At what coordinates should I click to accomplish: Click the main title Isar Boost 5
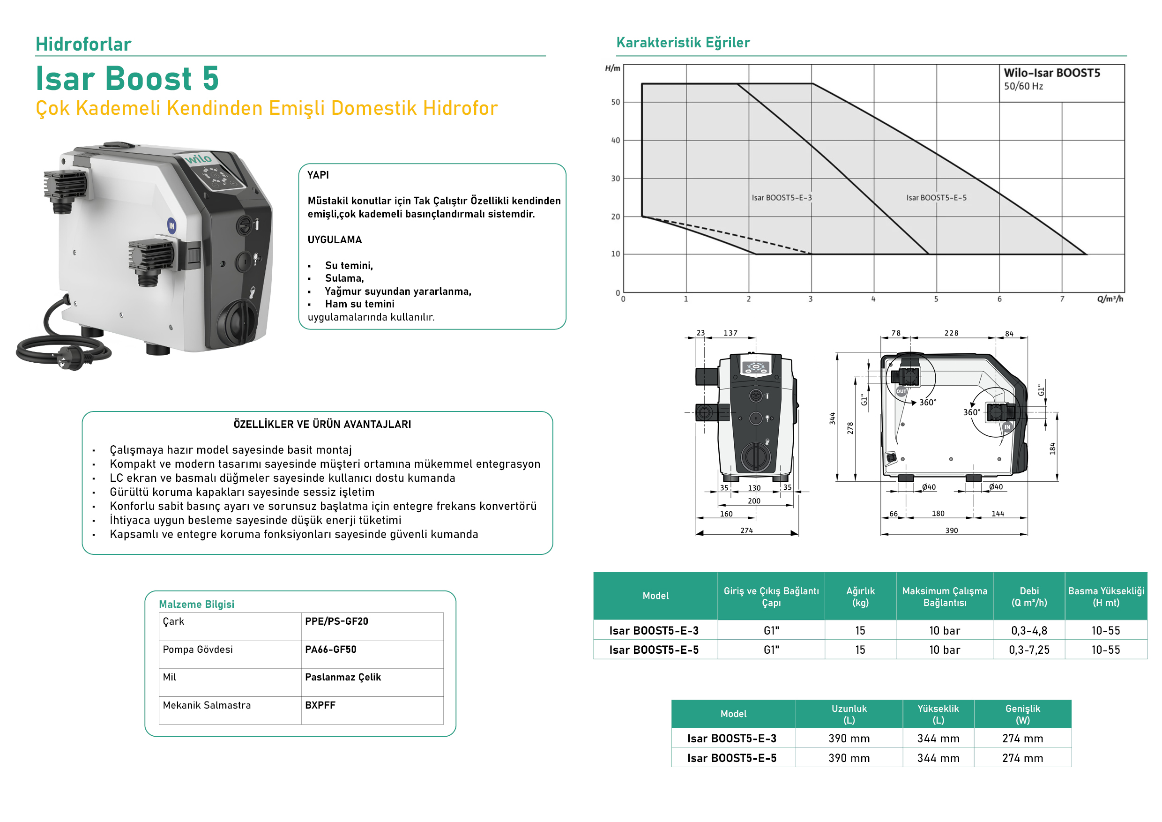click(x=127, y=78)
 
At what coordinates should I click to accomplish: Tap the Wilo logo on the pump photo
click(x=198, y=159)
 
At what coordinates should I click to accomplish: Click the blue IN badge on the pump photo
click(x=171, y=226)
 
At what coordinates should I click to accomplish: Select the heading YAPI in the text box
click(x=318, y=175)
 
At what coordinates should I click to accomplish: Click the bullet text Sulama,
click(x=344, y=278)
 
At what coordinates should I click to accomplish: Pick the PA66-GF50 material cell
click(x=330, y=650)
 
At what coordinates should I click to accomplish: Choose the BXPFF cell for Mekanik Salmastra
click(x=320, y=705)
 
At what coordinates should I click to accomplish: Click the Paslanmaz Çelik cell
click(x=343, y=677)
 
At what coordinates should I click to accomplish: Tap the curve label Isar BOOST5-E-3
click(x=782, y=198)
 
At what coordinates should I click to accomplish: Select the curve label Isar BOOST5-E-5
click(x=936, y=198)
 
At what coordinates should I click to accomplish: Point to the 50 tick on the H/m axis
click(x=615, y=102)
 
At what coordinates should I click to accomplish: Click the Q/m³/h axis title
click(x=1110, y=299)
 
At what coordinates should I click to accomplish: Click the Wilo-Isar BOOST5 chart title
click(x=1052, y=73)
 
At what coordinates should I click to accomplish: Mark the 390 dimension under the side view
click(x=952, y=531)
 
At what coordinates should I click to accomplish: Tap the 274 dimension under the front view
click(x=746, y=531)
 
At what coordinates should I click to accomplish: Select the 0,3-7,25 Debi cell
click(x=1029, y=650)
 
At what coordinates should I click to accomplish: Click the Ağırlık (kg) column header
click(x=860, y=596)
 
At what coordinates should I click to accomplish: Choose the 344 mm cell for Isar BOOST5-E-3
click(x=938, y=739)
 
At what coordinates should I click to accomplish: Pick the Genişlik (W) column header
click(x=1022, y=714)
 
